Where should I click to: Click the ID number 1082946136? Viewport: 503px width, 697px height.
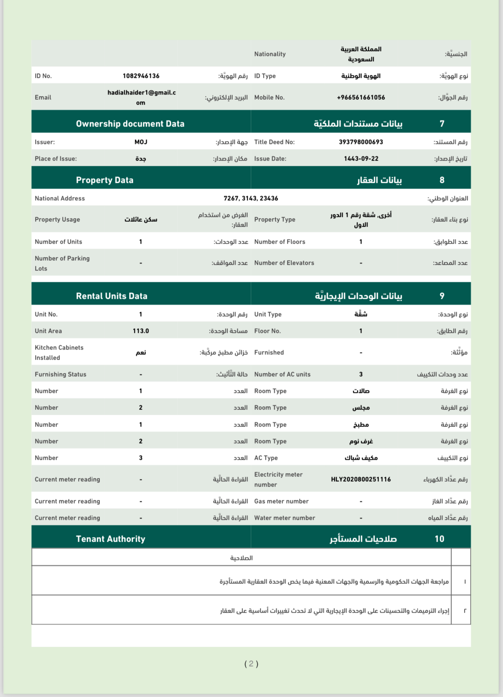[141, 76]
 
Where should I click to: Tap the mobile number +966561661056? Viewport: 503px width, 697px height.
[361, 97]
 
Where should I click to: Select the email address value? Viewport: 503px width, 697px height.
[141, 97]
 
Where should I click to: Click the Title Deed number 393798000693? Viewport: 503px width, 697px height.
[361, 142]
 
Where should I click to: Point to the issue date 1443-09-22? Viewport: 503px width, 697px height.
[361, 159]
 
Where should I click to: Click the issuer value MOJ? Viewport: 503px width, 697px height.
[141, 142]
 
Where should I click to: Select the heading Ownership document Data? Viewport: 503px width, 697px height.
[130, 124]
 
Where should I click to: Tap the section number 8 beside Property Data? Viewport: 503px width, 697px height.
[442, 180]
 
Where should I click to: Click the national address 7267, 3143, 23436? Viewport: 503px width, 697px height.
[251, 198]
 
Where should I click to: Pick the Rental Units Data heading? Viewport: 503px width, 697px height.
[111, 296]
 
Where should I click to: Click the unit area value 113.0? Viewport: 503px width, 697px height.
[141, 331]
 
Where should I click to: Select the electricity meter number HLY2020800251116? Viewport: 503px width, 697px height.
[361, 479]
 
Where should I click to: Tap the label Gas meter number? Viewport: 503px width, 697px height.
[281, 501]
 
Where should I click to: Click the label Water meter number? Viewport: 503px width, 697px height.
[285, 518]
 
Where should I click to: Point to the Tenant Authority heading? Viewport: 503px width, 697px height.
[111, 539]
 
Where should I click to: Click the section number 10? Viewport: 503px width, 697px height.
[439, 539]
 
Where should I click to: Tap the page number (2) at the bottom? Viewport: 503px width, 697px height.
[251, 664]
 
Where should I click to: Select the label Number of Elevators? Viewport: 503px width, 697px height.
[284, 263]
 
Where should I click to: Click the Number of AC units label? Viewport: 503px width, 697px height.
[282, 374]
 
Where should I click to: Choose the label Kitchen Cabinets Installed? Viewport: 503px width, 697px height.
[59, 352]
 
